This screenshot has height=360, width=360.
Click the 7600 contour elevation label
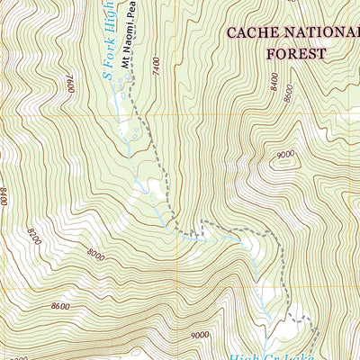(x=68, y=84)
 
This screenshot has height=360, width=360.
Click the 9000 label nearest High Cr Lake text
(x=200, y=336)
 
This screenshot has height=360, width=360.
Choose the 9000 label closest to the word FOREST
(x=286, y=155)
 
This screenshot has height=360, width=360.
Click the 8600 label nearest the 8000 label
(x=61, y=306)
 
